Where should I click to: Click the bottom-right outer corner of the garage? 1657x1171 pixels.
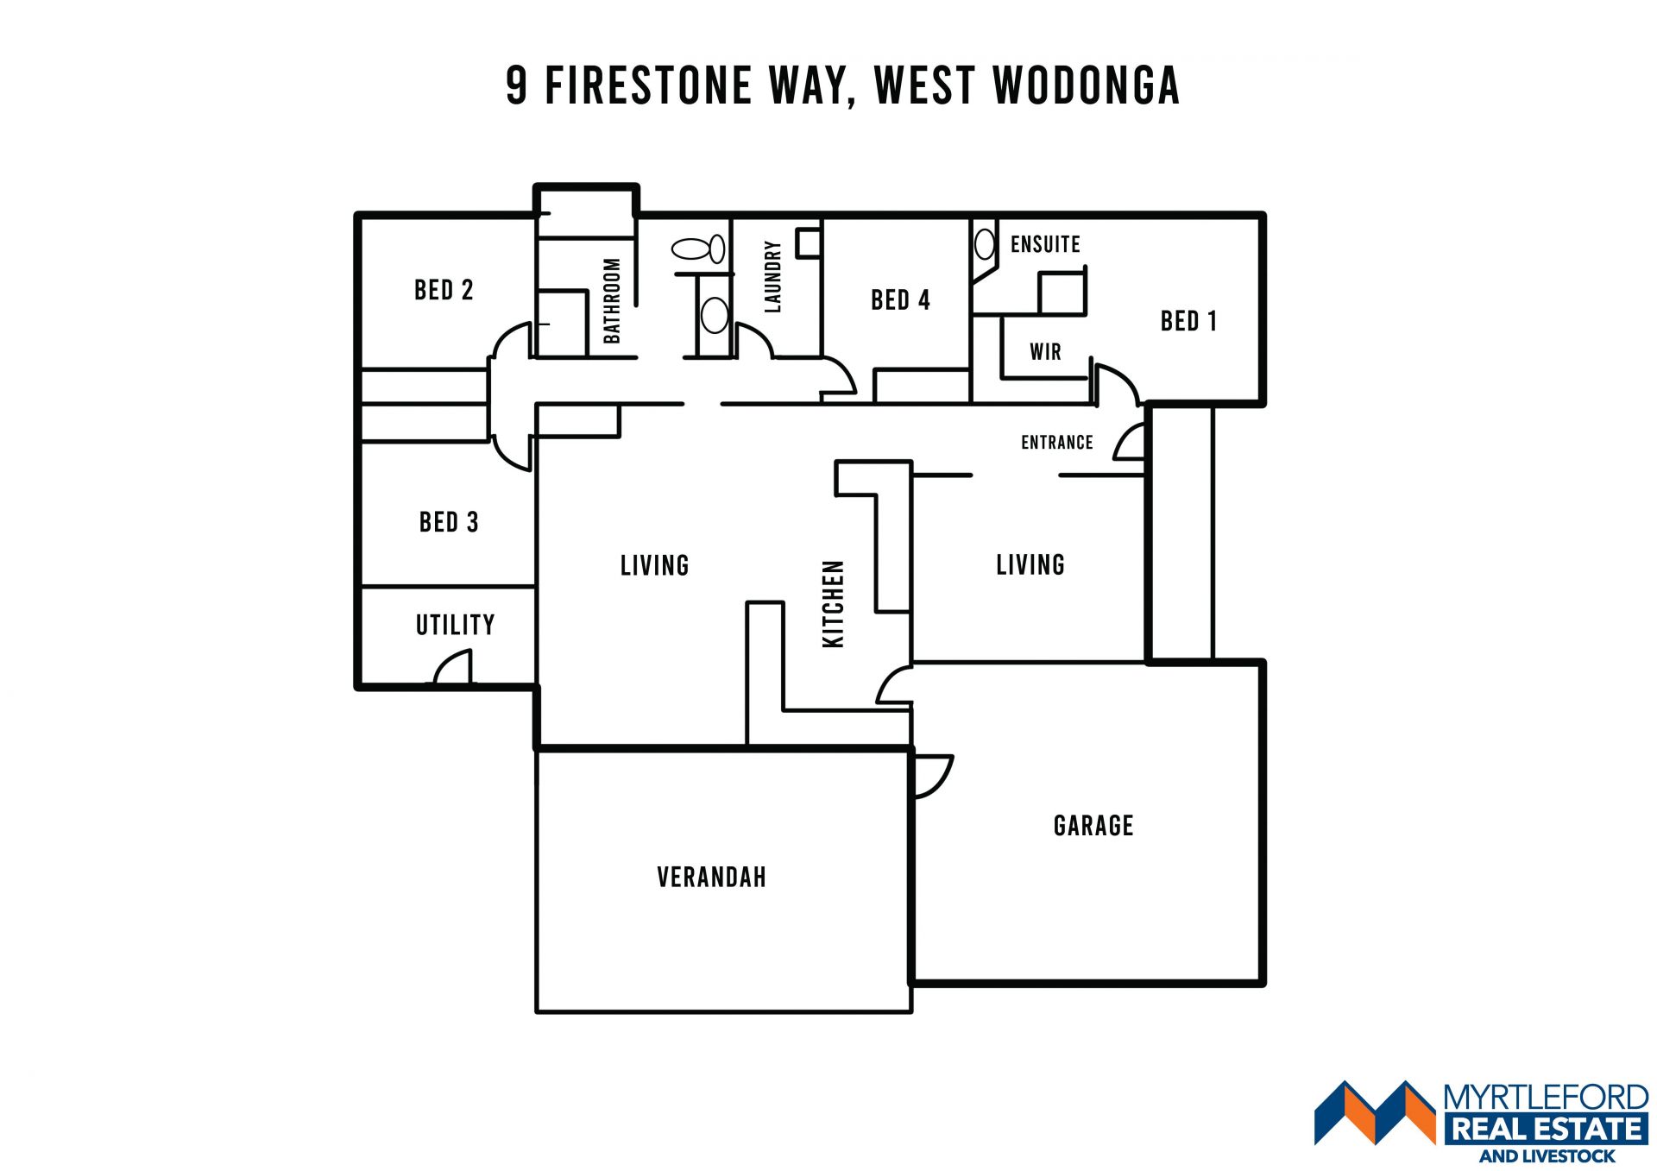tap(1263, 984)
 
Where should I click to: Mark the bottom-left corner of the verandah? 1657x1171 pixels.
tap(537, 1011)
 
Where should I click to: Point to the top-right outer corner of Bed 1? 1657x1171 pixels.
tap(1263, 214)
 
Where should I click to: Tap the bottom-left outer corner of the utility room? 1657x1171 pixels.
tap(357, 688)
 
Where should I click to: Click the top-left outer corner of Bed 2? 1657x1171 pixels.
tap(357, 214)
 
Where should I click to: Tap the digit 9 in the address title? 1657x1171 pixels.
tap(516, 85)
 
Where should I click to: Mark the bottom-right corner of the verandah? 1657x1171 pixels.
tap(911, 1011)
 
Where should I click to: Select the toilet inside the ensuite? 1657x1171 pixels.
tap(984, 243)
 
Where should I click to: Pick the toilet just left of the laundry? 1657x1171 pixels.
tap(698, 250)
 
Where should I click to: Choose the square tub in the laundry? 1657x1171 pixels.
tap(808, 242)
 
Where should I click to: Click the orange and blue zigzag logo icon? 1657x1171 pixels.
tap(1375, 1112)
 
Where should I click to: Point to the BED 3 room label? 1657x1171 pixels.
tap(449, 522)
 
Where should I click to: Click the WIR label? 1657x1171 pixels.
tap(1045, 351)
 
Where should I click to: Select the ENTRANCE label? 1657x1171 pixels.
tap(1057, 443)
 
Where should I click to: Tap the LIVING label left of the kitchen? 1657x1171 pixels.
tap(655, 565)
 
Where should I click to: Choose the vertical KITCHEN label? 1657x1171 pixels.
tap(833, 603)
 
